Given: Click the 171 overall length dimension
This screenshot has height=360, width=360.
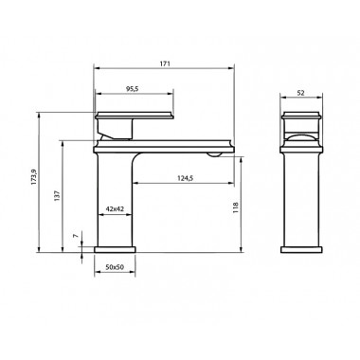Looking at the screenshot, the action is [165, 63].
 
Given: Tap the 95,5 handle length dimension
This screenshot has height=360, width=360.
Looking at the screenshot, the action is [133, 89].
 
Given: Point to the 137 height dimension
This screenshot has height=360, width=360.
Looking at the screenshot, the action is [57, 196].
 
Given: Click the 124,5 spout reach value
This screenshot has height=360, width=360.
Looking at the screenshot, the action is [185, 178].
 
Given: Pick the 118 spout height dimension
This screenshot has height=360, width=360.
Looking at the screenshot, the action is [235, 207].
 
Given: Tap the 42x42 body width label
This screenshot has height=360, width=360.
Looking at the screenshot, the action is [115, 208].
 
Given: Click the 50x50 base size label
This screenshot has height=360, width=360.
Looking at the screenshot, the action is [115, 267].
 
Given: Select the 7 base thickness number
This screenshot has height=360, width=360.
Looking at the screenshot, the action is [75, 236].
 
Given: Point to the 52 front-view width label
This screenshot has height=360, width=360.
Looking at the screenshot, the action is [301, 93].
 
